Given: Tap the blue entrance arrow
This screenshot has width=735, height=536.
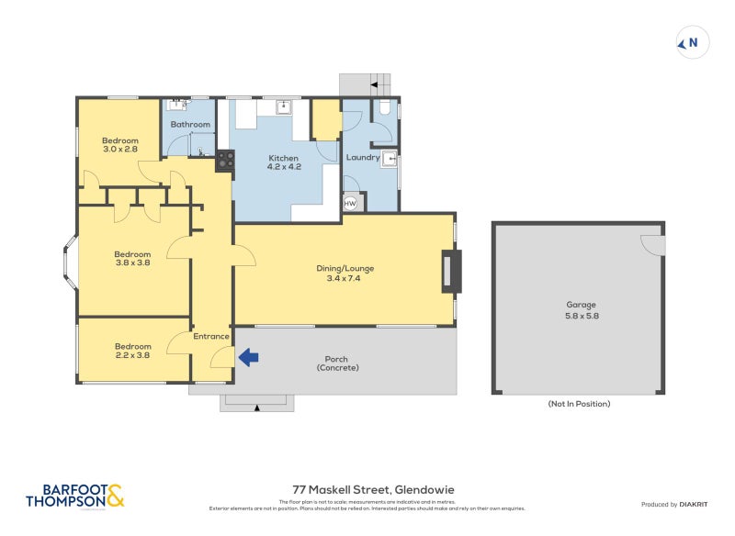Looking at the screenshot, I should tap(248, 357).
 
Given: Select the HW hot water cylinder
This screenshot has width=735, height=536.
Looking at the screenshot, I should tap(350, 204).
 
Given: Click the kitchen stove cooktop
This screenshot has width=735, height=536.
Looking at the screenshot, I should tap(225, 162).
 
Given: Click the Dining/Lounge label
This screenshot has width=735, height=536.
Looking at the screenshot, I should tap(345, 274).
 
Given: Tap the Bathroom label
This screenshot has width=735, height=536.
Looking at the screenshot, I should tap(190, 124).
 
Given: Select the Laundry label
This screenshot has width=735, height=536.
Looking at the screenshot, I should tap(363, 157).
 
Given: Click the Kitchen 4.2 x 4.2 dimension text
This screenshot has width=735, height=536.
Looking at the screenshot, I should tap(284, 167).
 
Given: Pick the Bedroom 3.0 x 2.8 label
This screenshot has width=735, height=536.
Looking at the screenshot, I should tap(119, 144).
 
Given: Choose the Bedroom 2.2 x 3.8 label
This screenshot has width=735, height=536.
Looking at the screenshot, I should tap(132, 351).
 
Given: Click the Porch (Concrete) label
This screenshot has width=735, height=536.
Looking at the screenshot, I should tap(337, 363).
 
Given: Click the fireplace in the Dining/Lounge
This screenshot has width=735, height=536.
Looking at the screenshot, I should tap(448, 272).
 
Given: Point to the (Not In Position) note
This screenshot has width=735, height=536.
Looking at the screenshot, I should tap(579, 403).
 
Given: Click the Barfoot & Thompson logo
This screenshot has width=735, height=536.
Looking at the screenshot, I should tap(74, 497).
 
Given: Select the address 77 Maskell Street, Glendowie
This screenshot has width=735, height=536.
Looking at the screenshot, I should tap(367, 490).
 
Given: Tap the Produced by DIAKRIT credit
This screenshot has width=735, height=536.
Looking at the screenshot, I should tap(678, 505).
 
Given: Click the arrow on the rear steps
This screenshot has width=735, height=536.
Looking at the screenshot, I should tap(376, 84).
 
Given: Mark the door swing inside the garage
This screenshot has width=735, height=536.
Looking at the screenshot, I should tap(651, 245).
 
